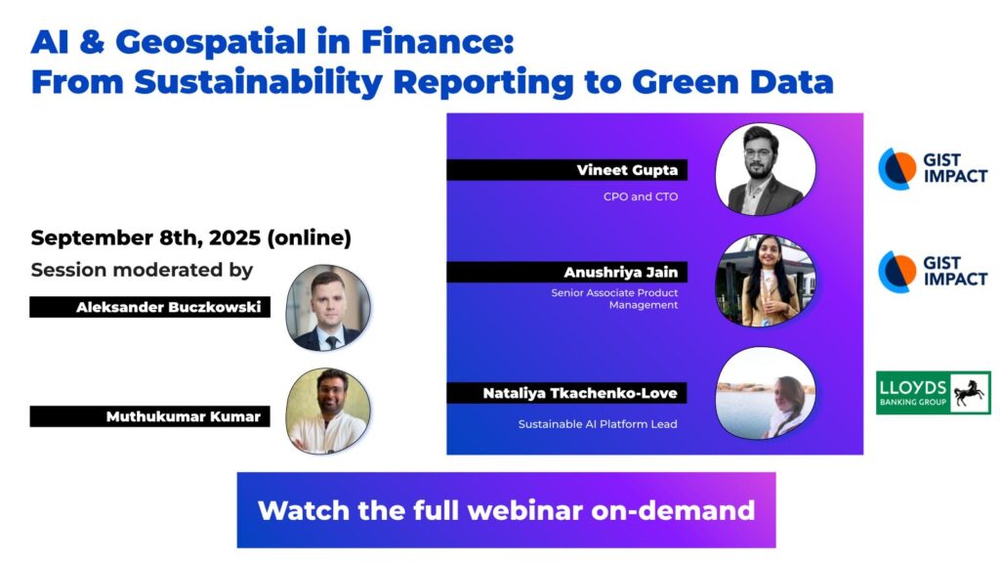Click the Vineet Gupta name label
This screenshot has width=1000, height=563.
[567, 170]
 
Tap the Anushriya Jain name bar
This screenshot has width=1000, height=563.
[567, 272]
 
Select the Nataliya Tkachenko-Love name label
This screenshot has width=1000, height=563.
[567, 393]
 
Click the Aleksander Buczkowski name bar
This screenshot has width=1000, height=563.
[149, 307]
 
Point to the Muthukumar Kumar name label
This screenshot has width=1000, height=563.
[149, 416]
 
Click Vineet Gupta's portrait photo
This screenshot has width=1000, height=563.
[766, 169]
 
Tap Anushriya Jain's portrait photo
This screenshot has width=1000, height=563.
[766, 281]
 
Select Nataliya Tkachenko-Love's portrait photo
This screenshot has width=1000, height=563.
[766, 393]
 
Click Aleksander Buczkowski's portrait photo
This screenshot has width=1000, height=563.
[328, 308]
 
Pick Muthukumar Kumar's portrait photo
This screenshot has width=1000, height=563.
[328, 411]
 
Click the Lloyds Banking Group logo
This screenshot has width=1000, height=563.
[933, 393]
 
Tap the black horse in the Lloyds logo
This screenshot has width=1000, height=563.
[969, 393]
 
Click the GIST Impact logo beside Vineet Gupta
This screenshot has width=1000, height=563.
[933, 168]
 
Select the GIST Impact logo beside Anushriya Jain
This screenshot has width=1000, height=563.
[933, 272]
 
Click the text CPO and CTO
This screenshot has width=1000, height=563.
[641, 196]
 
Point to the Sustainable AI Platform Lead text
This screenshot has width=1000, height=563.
[598, 424]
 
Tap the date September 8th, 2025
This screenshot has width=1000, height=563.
[146, 238]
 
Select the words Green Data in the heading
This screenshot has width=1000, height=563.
[732, 82]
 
